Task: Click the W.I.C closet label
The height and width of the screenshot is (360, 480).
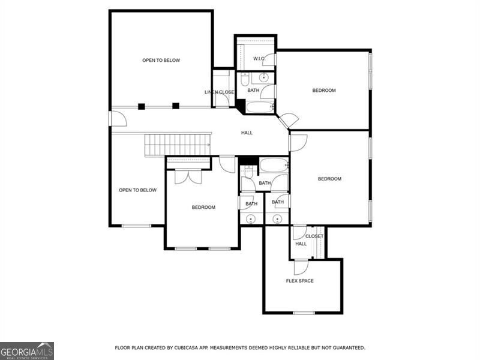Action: pos(259,58)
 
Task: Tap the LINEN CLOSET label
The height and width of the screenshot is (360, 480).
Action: pos(220,92)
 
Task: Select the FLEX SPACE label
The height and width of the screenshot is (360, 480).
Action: pos(299,281)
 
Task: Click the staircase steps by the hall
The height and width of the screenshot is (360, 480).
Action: pos(178,145)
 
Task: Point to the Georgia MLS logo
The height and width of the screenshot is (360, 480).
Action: pos(27,350)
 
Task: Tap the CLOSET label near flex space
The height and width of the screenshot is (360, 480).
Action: pos(314,236)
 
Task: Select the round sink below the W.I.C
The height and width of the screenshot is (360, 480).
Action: pos(263,77)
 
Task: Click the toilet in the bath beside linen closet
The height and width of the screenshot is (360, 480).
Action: pos(245,79)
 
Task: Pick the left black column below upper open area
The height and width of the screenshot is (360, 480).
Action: pos(142,106)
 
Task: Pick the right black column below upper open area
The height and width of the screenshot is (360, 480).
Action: pos(176,106)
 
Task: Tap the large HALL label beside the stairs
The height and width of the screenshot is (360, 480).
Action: pos(247,133)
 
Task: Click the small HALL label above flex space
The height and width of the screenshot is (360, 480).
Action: pos(301,244)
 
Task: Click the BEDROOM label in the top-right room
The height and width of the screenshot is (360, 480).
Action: pos(324,90)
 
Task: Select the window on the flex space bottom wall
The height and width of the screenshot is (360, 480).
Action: pos(304,313)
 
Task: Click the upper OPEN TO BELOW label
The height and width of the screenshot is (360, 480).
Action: pos(161,60)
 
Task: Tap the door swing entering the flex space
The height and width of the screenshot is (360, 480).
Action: pos(300,267)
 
